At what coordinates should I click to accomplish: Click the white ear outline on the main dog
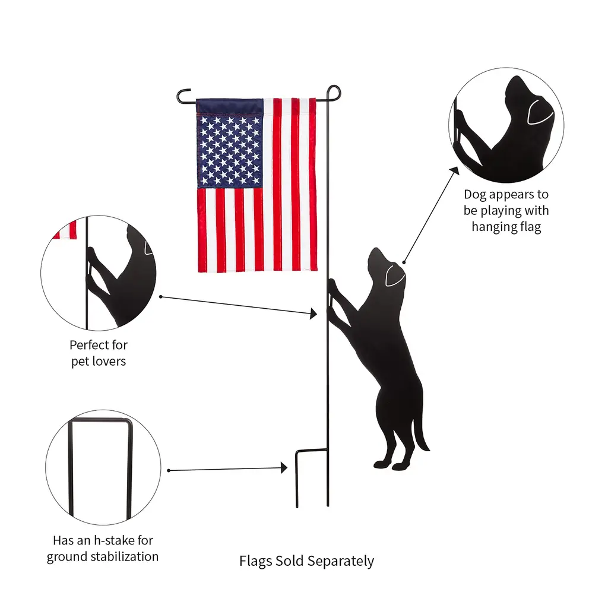tap(395, 275)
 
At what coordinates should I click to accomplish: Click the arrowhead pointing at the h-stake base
tap(284, 468)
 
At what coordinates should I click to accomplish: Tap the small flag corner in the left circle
tap(65, 230)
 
